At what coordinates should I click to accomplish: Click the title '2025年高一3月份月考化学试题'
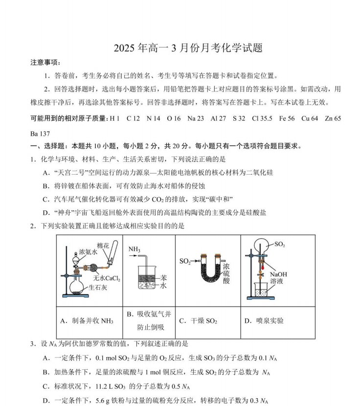click(x=188, y=48)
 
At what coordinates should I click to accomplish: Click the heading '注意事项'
click(x=45, y=63)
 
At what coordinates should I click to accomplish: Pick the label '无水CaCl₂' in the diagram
click(x=107, y=278)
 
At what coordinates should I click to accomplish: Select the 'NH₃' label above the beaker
click(x=135, y=249)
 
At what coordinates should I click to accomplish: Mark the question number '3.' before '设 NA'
click(x=33, y=344)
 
